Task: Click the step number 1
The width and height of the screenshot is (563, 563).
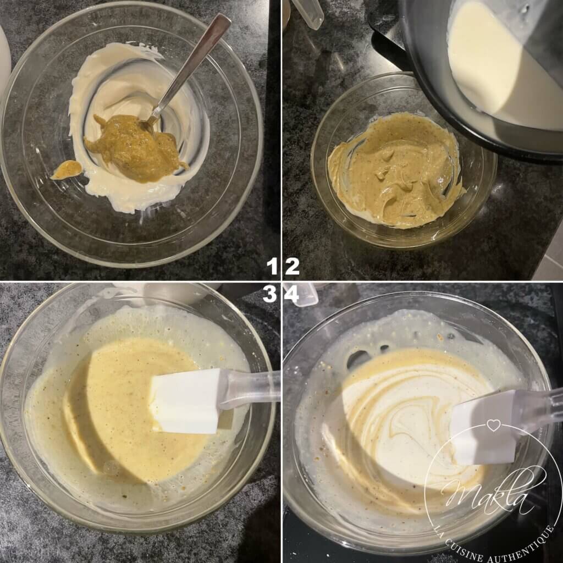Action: click(273, 267)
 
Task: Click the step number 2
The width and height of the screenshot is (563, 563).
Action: click(292, 267)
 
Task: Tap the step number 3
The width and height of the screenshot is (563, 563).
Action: click(271, 295)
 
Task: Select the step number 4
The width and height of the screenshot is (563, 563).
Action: click(291, 295)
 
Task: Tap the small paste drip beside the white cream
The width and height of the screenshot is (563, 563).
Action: click(67, 169)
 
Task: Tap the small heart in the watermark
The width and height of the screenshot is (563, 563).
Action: click(494, 425)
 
